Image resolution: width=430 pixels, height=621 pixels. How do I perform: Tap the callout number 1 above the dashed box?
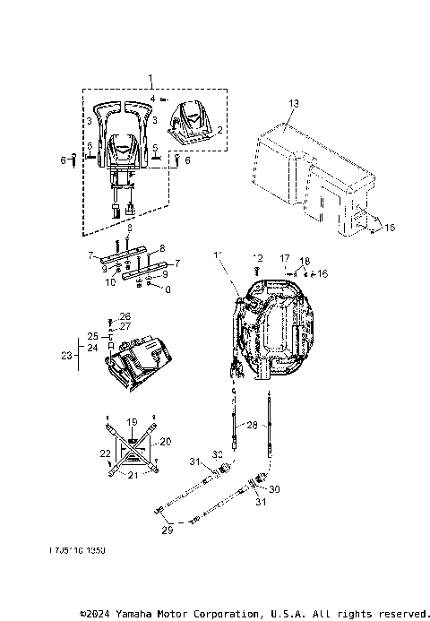coord(151,79)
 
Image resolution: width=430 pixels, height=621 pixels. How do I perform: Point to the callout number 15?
coord(389,229)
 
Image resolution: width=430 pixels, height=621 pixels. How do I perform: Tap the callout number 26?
coord(125,316)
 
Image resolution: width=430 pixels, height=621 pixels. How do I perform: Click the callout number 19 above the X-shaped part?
coord(132,420)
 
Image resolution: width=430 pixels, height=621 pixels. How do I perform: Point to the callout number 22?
coord(104,453)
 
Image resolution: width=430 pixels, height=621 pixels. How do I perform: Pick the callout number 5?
coord(155,146)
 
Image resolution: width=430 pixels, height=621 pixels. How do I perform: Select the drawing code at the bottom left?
coord(77,553)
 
